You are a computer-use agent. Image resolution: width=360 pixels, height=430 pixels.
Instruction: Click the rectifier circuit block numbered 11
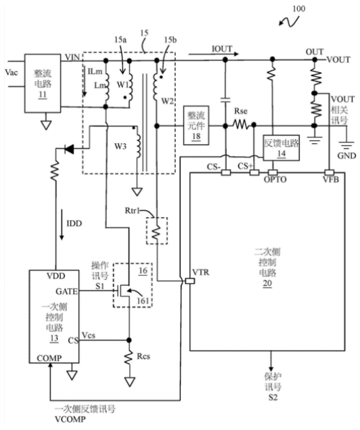click(43, 83)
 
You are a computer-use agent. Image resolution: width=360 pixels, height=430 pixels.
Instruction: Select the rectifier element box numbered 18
click(196, 125)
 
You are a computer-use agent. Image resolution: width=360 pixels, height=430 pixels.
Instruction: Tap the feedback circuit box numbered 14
click(281, 147)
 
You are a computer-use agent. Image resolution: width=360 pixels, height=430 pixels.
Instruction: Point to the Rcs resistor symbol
click(129, 357)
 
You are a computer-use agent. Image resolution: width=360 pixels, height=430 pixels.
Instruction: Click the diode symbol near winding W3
click(69, 149)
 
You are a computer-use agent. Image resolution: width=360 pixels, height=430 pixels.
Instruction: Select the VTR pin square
click(190, 281)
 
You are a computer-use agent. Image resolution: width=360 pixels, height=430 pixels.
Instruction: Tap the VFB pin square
click(329, 172)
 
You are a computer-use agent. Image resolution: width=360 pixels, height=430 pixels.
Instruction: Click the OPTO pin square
click(273, 172)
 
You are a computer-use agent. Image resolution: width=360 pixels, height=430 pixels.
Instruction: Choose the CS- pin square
click(226, 172)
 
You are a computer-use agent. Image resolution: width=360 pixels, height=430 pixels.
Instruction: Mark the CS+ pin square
click(254, 172)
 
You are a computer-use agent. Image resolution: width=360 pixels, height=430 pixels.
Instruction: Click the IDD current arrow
click(61, 224)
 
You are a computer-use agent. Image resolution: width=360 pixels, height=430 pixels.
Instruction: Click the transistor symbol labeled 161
click(123, 290)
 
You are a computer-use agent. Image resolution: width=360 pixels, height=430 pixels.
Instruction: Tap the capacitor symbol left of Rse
click(225, 101)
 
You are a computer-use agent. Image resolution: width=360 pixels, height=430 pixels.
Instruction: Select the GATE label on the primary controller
click(66, 291)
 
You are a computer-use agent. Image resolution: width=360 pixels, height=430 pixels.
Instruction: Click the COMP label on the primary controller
click(49, 358)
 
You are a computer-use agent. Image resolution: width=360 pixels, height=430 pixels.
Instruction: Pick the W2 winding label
click(167, 101)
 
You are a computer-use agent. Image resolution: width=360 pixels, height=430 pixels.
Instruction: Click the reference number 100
click(299, 9)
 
